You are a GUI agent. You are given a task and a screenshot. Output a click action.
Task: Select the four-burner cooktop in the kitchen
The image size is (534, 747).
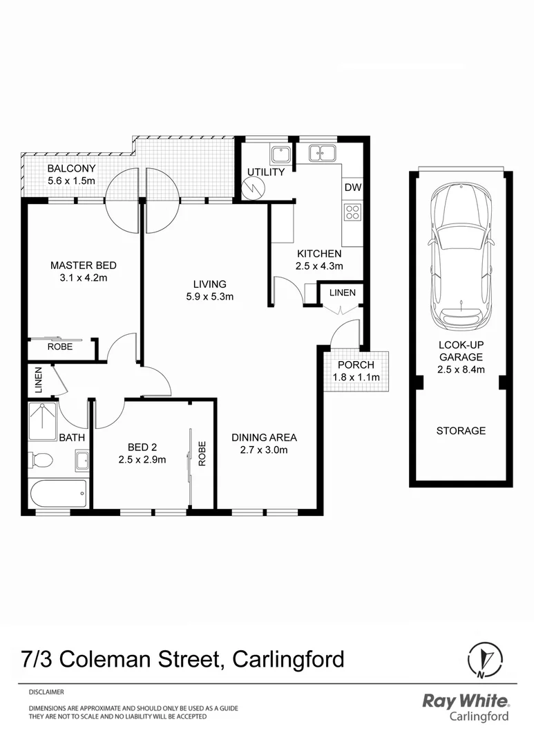[352, 212]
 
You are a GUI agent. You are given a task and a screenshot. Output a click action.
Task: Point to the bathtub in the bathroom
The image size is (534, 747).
[59, 495]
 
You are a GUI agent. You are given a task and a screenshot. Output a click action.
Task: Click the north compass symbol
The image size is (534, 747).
[483, 659]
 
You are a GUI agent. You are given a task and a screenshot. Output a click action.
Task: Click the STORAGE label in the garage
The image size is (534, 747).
[461, 431]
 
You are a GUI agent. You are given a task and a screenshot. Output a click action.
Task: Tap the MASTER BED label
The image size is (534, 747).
[84, 266]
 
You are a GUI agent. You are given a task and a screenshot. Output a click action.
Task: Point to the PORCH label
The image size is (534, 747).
[356, 365]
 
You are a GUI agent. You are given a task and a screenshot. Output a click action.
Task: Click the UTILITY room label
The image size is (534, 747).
[265, 172]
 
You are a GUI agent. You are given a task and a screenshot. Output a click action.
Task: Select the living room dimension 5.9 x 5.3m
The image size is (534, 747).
[209, 297]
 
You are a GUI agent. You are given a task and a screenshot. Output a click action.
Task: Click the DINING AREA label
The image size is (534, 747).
[264, 437]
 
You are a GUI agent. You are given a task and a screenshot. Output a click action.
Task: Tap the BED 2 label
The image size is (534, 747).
[142, 447]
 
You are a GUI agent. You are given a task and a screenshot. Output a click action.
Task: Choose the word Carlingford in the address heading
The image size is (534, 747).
[289, 658]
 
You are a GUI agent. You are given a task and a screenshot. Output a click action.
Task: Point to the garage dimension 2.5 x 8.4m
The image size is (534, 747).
[461, 370]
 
